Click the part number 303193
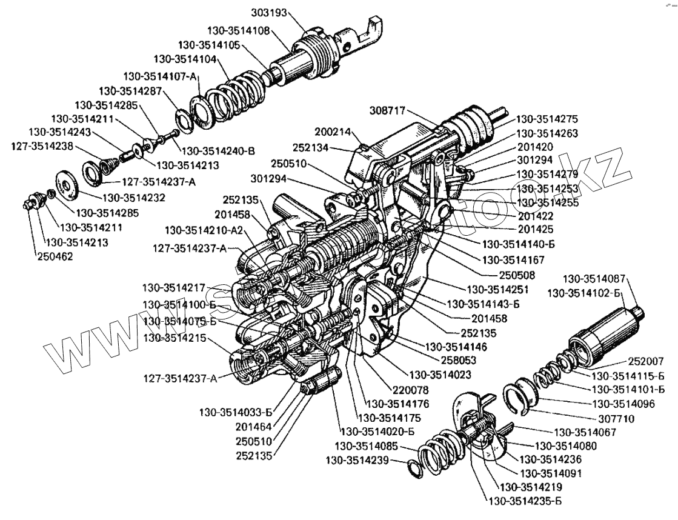pos(268,12)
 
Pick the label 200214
pos(332,131)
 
